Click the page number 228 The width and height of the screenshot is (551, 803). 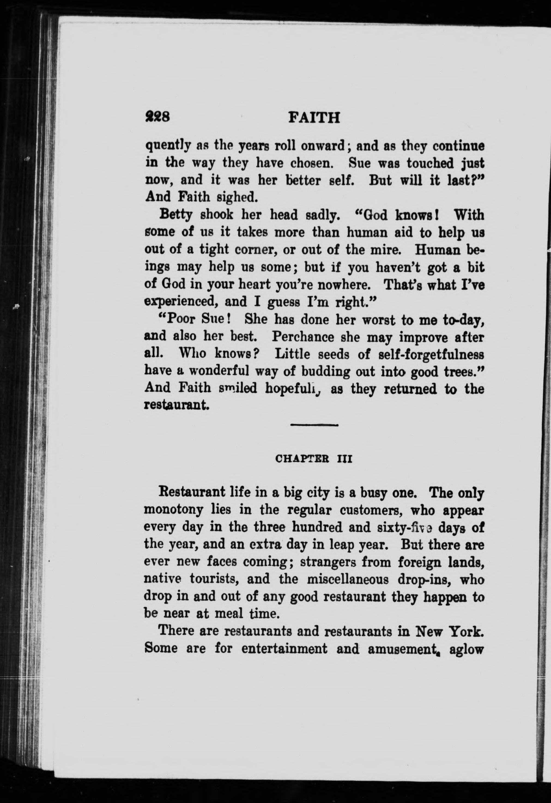point(157,117)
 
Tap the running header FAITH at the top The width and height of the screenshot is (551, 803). point(314,118)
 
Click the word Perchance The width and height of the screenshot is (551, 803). point(303,337)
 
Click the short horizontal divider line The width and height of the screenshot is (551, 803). point(314,425)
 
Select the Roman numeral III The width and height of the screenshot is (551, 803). point(344,459)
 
